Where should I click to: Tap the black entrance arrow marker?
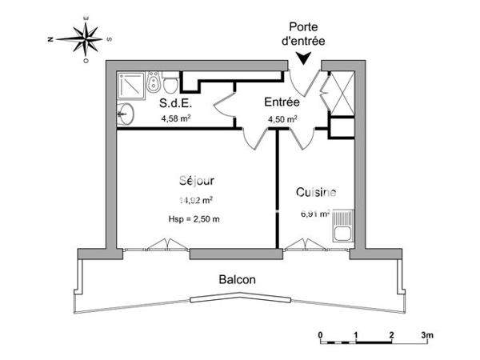click(304, 58)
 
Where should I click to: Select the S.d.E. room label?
click(174, 103)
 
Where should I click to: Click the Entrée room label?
click(282, 102)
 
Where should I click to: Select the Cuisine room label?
click(316, 193)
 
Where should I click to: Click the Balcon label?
click(238, 280)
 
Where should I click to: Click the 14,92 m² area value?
click(195, 201)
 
